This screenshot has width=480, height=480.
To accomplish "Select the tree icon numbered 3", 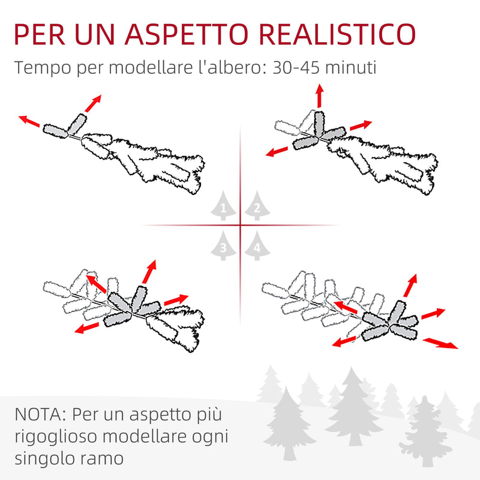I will (x=223, y=246).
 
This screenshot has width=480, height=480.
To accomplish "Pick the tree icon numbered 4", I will (x=257, y=246).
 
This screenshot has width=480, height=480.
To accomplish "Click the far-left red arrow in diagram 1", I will (x=29, y=121).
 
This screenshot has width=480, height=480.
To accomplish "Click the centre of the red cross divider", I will (x=240, y=226).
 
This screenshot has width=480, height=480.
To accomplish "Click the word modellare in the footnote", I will (x=159, y=436).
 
